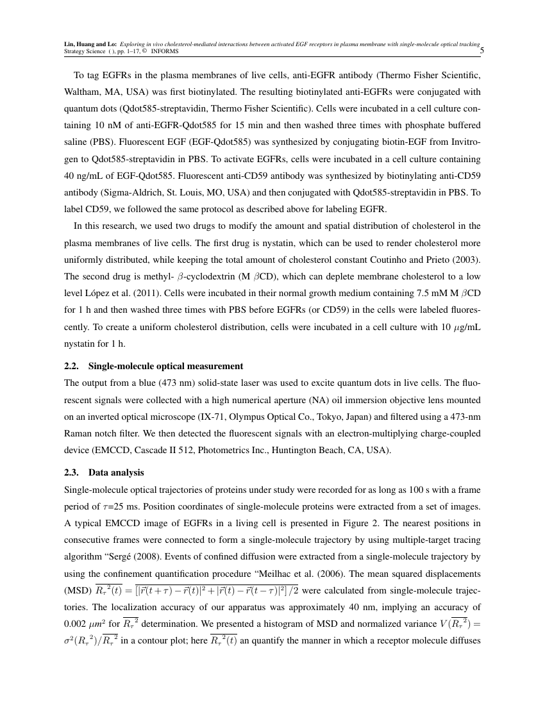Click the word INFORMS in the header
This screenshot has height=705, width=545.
pos(165,51)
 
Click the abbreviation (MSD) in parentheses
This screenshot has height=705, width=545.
pos(78,590)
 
